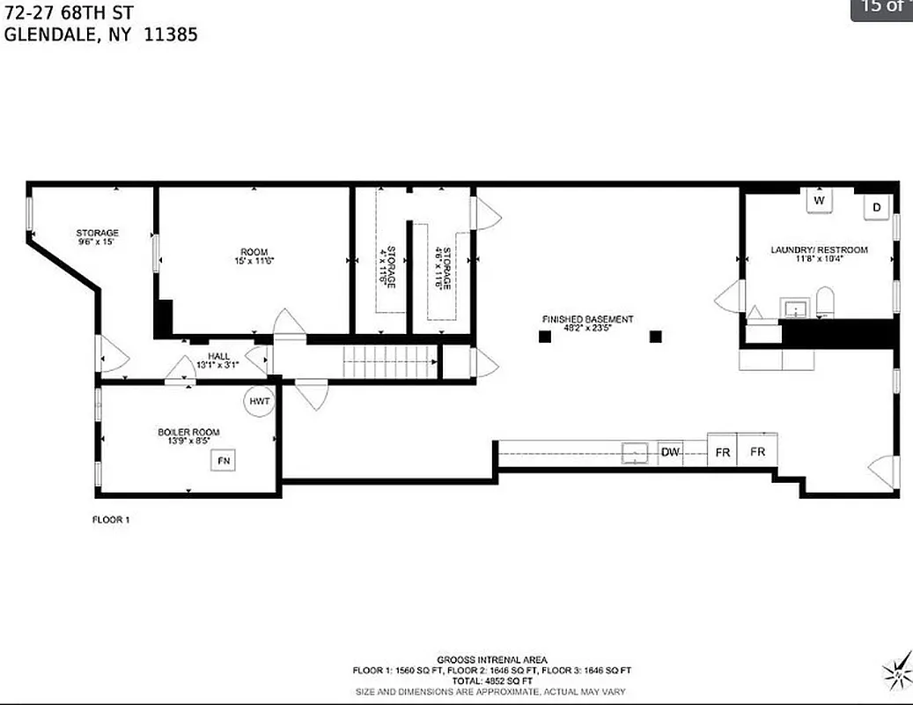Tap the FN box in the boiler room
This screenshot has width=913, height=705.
(222, 460)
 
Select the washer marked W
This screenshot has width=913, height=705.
(819, 201)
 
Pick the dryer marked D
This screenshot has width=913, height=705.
(877, 207)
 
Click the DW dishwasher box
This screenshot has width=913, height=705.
(671, 452)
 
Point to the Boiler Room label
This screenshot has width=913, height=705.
(188, 432)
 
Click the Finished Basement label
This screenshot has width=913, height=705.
(587, 319)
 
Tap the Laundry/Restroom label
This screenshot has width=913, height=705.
(819, 250)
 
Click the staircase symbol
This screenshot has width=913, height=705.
(389, 361)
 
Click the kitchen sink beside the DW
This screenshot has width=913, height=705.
(634, 453)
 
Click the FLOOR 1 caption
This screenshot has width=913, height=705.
(111, 520)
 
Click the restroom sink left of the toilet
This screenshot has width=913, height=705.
(796, 308)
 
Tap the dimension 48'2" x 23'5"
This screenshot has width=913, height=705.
(587, 330)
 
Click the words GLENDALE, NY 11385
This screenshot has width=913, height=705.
(100, 35)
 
